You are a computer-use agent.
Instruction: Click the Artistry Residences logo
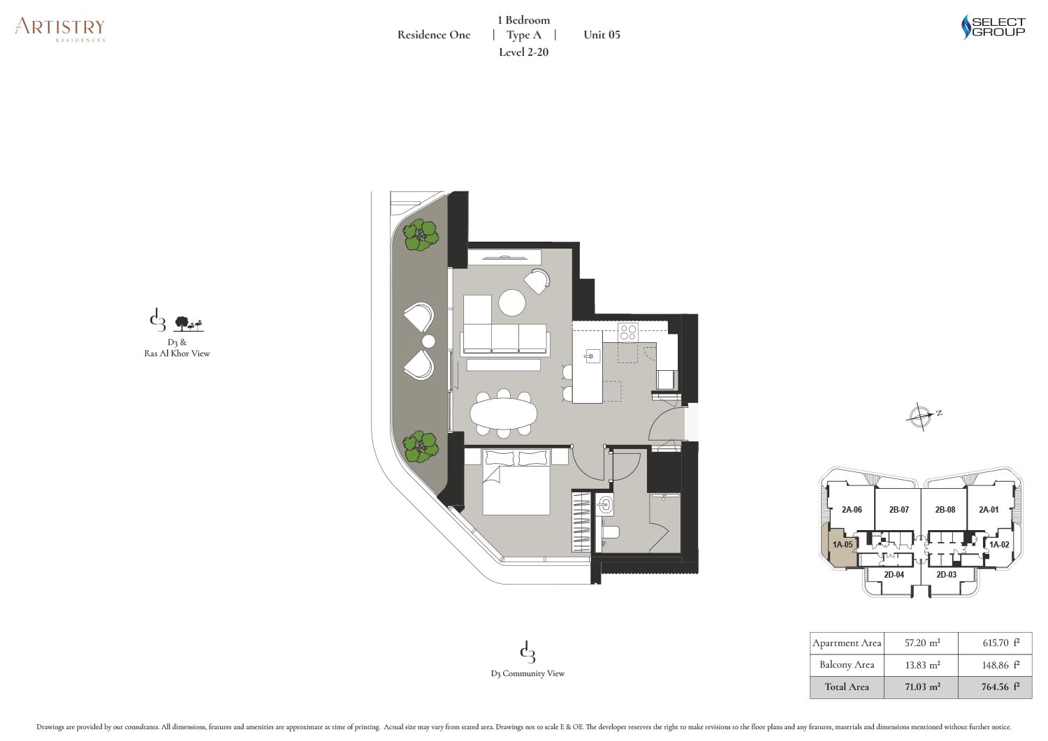pyautogui.click(x=60, y=30)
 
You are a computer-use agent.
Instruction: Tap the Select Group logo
pyautogui.click(x=994, y=27)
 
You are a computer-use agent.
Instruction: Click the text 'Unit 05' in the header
pyautogui.click(x=602, y=35)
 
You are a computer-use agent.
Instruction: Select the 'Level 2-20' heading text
pyautogui.click(x=523, y=52)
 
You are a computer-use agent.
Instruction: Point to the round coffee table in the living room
pyautogui.click(x=512, y=302)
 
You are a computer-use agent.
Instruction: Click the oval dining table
pyautogui.click(x=504, y=414)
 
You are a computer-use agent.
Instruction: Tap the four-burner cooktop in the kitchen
pyautogui.click(x=628, y=332)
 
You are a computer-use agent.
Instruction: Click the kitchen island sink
pyautogui.click(x=591, y=356)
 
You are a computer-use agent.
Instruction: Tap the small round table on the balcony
pyautogui.click(x=428, y=342)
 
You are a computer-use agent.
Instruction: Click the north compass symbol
pyautogui.click(x=920, y=416)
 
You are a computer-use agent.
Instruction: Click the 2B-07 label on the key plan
pyautogui.click(x=898, y=510)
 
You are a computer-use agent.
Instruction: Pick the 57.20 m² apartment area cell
pyautogui.click(x=922, y=643)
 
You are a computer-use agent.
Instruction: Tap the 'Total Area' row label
pyautogui.click(x=847, y=687)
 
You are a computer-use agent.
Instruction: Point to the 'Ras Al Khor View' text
pyautogui.click(x=177, y=353)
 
